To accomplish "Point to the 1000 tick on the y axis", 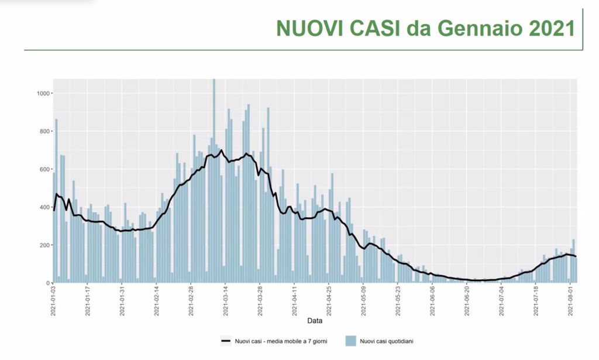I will pos(43,94).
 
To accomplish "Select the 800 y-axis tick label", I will pos(45,131).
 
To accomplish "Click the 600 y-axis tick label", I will pos(45,169).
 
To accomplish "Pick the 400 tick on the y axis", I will pos(45,207).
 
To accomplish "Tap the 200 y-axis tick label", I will pos(45,245).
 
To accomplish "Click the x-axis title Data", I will pos(315,321).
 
